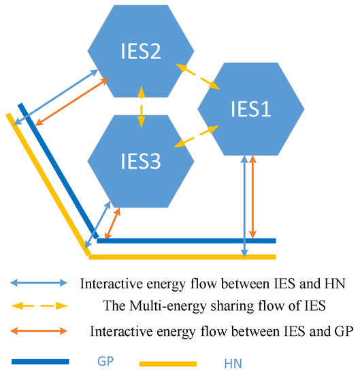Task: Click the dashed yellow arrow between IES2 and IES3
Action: (x=141, y=105)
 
